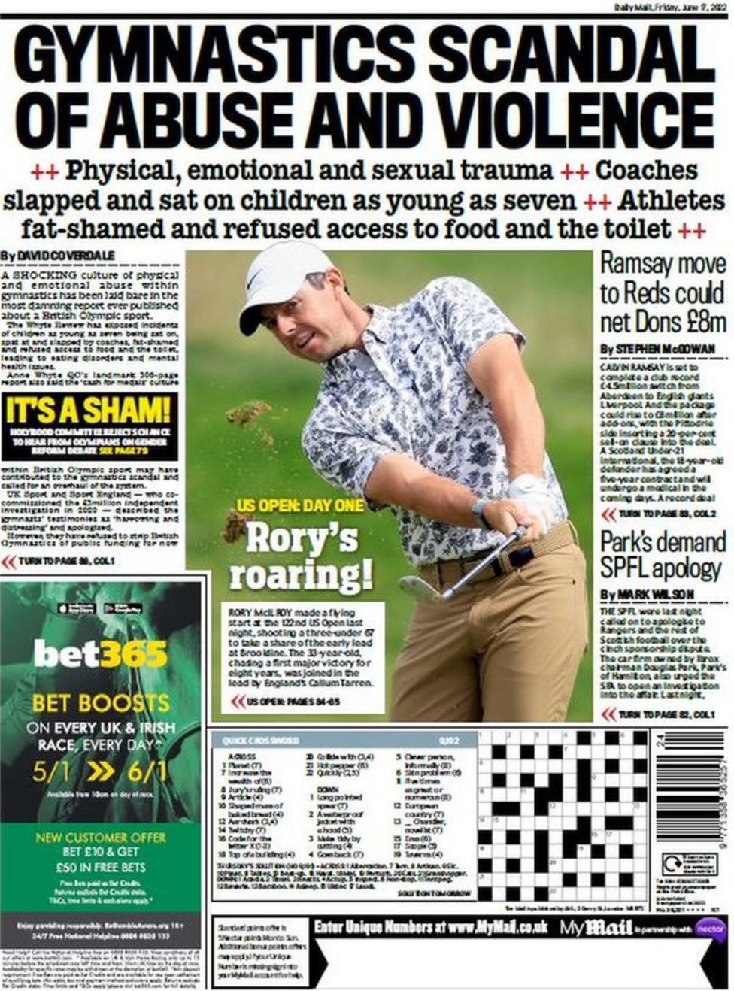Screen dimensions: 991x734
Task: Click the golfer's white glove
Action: (531, 499)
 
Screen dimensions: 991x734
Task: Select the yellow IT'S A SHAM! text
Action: (89, 411)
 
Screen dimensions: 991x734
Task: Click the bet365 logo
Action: (100, 653)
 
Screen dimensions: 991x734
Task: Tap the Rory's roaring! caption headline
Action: (301, 556)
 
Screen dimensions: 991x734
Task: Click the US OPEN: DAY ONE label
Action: (301, 505)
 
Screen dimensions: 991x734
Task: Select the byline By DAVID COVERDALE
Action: (58, 256)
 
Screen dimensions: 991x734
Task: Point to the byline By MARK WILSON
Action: (647, 595)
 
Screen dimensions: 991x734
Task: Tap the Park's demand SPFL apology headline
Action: (663, 555)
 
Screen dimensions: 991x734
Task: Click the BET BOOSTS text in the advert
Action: (100, 703)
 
